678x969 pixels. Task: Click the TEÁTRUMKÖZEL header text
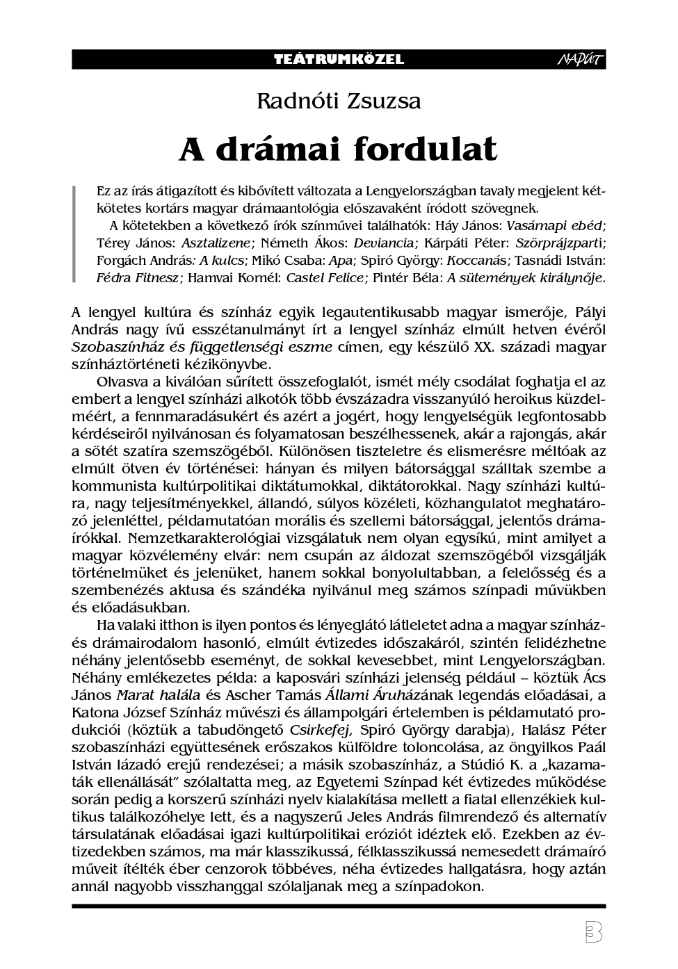click(339, 60)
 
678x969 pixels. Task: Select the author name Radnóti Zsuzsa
click(339, 101)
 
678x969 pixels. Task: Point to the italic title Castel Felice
click(325, 278)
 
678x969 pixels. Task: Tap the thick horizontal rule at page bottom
click(339, 906)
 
